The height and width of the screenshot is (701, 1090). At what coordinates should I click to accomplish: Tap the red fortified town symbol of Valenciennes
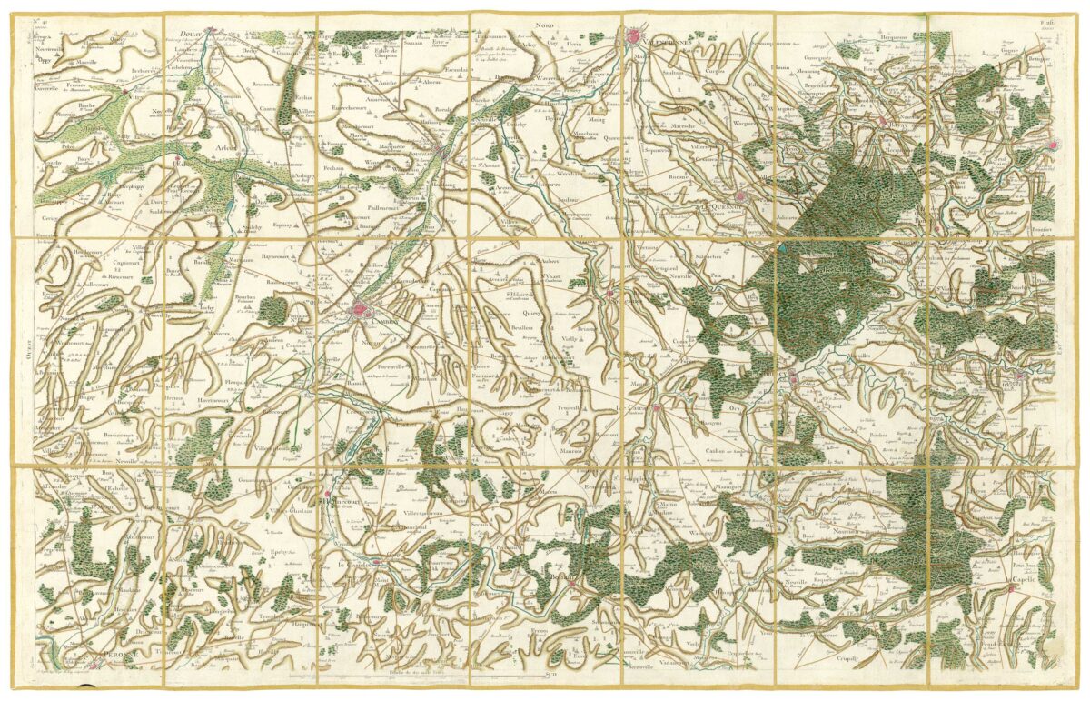click(633, 37)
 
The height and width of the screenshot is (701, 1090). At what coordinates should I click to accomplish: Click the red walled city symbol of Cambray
click(362, 313)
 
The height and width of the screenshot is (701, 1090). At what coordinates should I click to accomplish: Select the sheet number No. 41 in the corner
click(42, 20)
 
